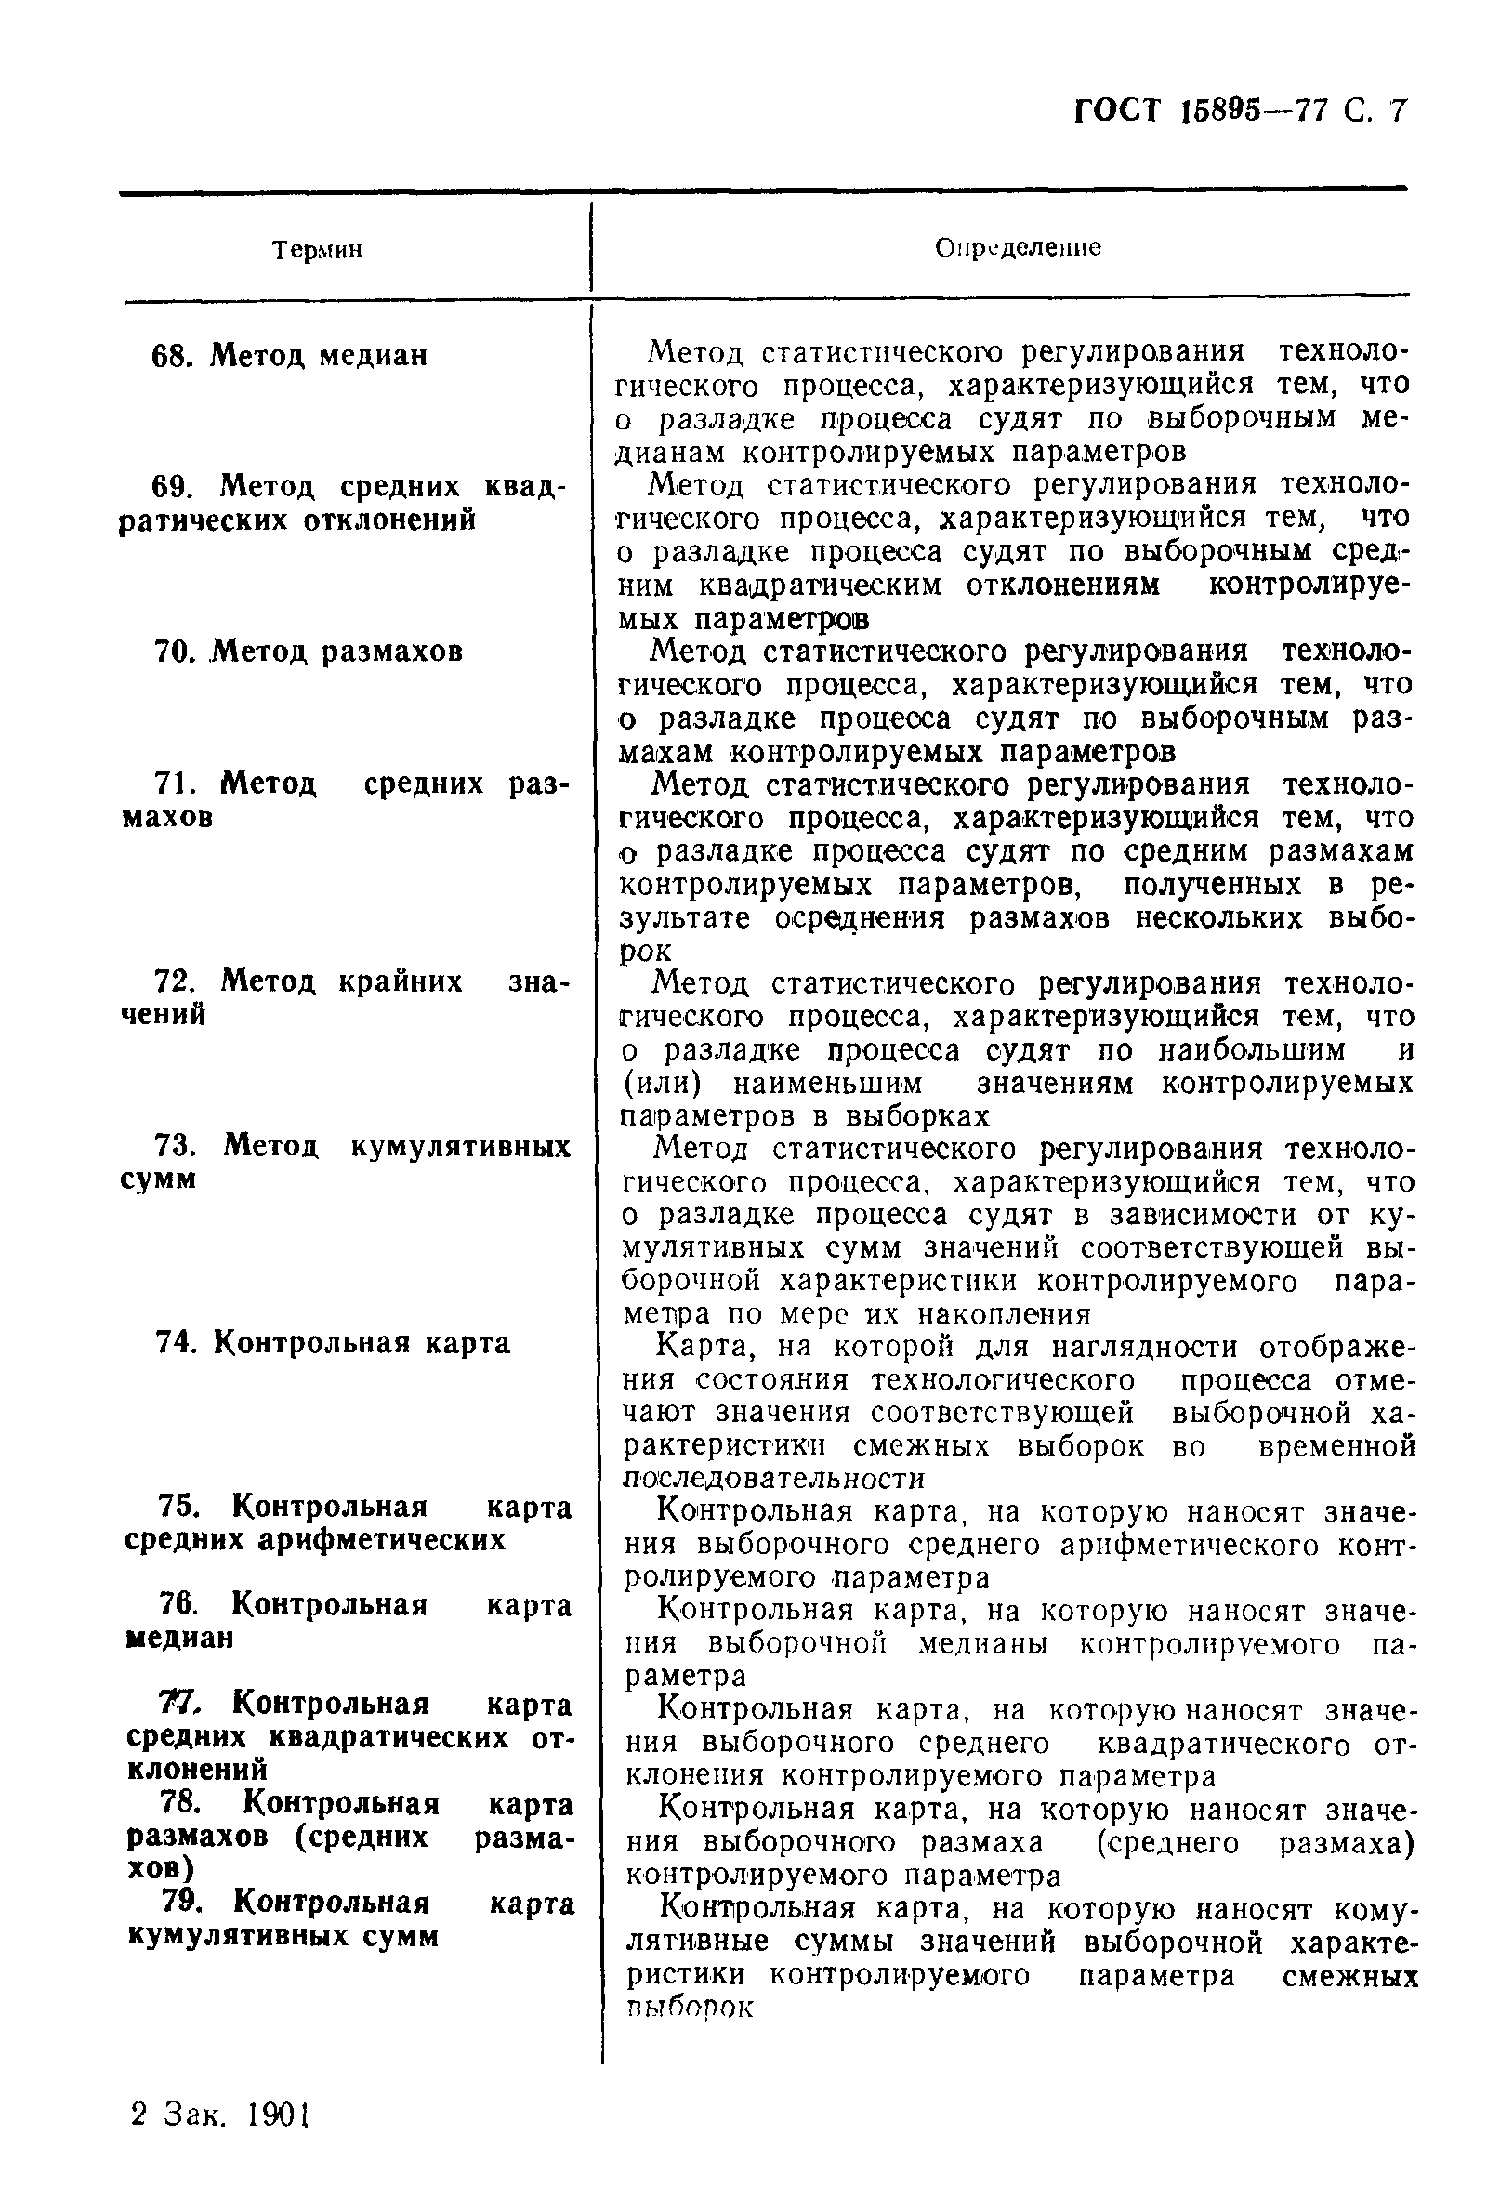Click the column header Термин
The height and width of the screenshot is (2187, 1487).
317,250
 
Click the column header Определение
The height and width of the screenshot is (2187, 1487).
1018,247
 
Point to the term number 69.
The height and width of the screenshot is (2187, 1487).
173,487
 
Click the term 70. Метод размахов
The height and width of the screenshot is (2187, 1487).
309,652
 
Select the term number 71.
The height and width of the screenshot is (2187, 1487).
173,784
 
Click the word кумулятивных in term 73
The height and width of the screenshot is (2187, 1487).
461,1147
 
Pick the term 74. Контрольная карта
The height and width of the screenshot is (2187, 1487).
333,1343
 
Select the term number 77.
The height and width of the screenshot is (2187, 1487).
177,1705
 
